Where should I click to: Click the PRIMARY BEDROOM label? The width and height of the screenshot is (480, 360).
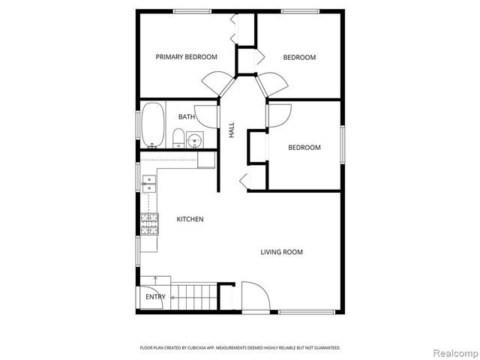[x=186, y=57]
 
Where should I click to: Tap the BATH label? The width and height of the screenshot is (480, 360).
[x=187, y=117]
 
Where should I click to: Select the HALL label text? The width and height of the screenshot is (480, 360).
[x=232, y=129]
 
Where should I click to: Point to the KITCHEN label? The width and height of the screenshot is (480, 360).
[x=190, y=219]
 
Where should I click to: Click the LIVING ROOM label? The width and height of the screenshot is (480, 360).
[x=281, y=252]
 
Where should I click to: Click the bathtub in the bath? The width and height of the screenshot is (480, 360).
[x=153, y=125]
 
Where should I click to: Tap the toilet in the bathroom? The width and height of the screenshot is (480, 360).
[x=178, y=137]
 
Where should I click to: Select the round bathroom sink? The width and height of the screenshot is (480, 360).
[x=195, y=139]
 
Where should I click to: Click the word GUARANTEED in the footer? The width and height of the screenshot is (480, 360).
[x=324, y=348]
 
